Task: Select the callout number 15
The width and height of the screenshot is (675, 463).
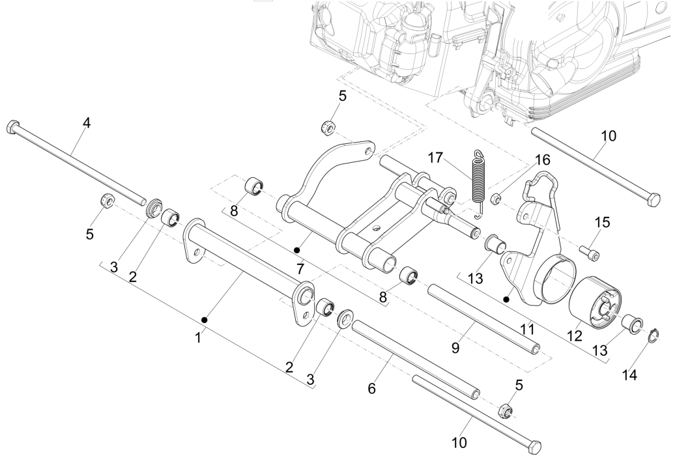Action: click(x=603, y=222)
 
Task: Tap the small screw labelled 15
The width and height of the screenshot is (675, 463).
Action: click(x=590, y=250)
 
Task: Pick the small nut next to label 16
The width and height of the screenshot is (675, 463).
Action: click(x=495, y=197)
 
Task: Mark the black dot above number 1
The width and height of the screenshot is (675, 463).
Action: click(x=205, y=319)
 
